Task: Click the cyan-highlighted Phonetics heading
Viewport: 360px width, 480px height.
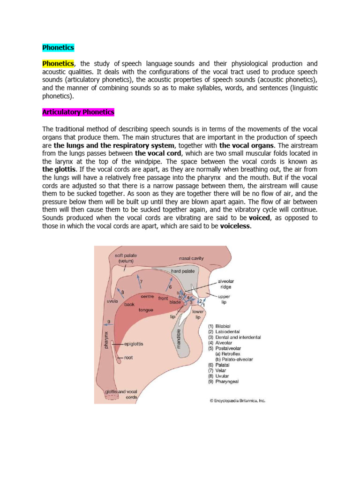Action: [x=58, y=47]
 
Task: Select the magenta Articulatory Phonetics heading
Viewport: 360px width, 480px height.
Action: [x=78, y=112]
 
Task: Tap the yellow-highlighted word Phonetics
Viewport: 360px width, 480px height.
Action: [x=58, y=63]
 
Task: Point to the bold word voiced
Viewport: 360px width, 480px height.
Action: [x=259, y=218]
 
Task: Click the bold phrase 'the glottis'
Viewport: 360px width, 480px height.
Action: [x=58, y=170]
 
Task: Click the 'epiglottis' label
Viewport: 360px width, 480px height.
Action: [x=134, y=344]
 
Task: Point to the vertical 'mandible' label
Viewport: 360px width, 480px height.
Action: [x=179, y=339]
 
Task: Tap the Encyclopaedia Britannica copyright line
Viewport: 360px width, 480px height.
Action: [x=237, y=401]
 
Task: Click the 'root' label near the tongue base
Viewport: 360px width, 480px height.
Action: [x=128, y=358]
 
